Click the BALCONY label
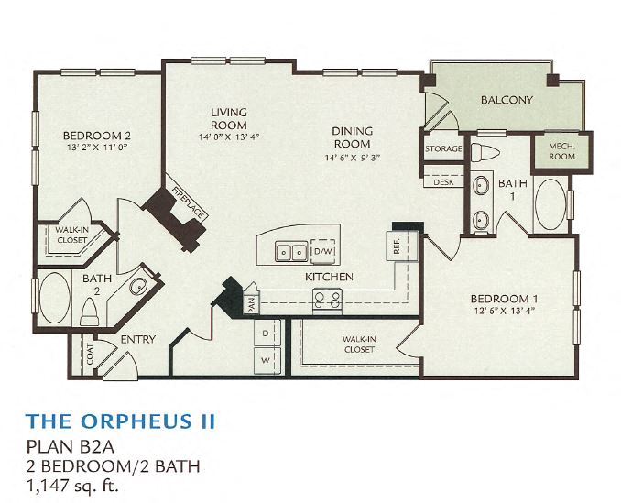click(507, 100)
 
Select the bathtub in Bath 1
click(550, 203)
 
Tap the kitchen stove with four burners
click(327, 299)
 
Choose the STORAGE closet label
click(442, 148)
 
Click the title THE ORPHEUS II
click(121, 421)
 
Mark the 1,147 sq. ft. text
click(72, 484)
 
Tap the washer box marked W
click(266, 360)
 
